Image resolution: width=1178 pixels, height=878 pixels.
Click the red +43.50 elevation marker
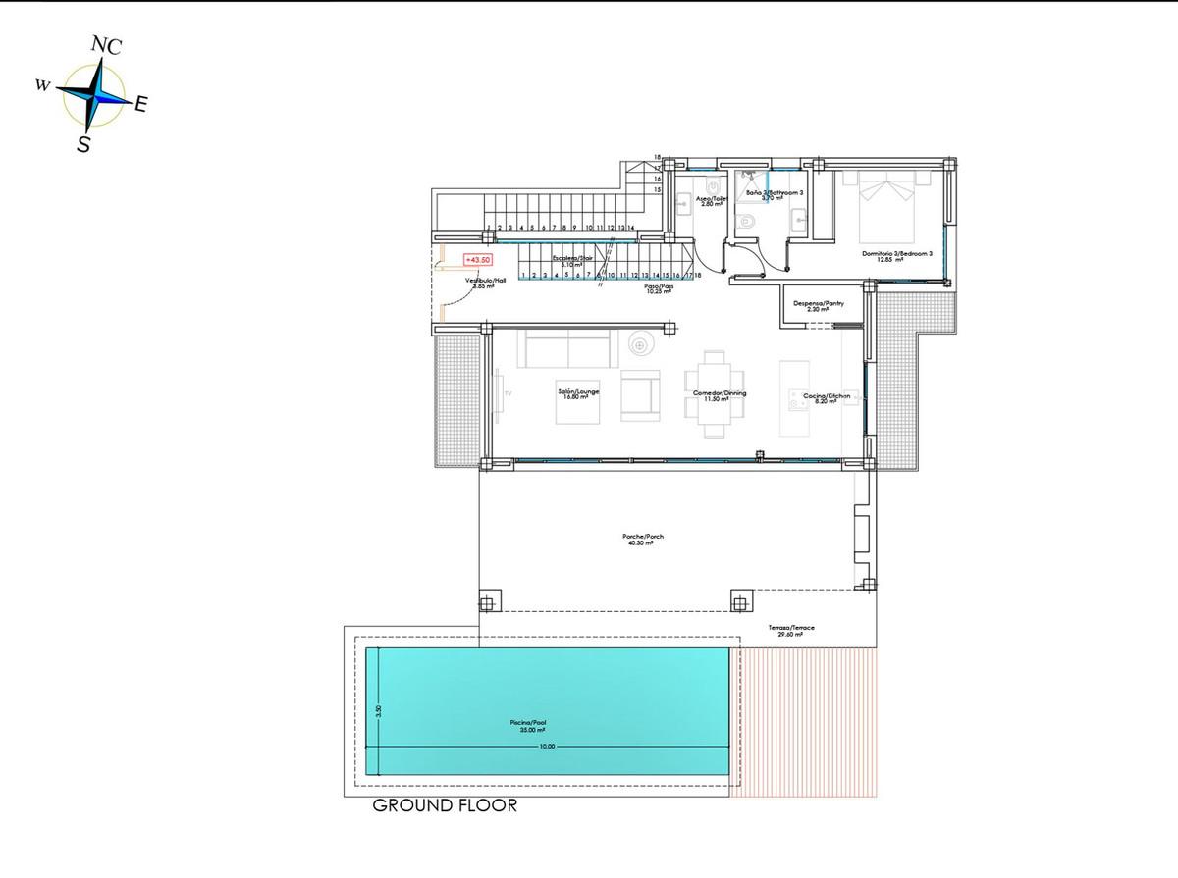pyautogui.click(x=477, y=260)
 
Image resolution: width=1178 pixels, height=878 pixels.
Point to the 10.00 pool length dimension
pyautogui.click(x=547, y=747)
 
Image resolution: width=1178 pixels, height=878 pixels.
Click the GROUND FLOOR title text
pyautogui.click(x=445, y=806)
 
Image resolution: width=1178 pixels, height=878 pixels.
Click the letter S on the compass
pyautogui.click(x=84, y=144)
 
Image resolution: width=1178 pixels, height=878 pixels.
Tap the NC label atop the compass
pyautogui.click(x=106, y=45)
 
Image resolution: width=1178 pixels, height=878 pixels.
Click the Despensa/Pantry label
pyautogui.click(x=819, y=305)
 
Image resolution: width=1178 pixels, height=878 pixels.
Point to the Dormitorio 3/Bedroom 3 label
pyautogui.click(x=896, y=254)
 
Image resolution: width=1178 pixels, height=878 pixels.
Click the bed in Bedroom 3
pyautogui.click(x=887, y=206)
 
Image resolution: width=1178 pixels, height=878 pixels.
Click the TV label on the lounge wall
pyautogui.click(x=508, y=392)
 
